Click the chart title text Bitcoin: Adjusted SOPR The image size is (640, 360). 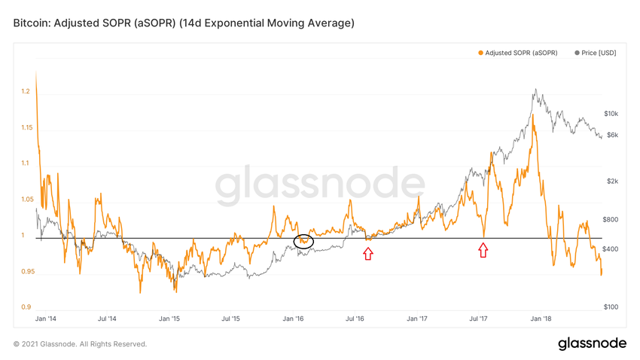point(184,23)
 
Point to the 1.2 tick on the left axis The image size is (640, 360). point(26,91)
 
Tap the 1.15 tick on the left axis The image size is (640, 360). point(26,127)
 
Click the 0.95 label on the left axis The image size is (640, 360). point(26,271)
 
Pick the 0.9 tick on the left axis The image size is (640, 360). point(26,307)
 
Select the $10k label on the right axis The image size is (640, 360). point(611,114)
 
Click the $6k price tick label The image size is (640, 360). point(611,135)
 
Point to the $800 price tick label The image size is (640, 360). point(611,219)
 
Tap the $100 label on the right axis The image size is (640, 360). point(611,307)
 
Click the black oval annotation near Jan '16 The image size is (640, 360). point(303,241)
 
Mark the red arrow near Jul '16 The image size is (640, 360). point(367,254)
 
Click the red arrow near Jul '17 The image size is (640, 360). point(483,250)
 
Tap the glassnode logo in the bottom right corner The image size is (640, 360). point(592,344)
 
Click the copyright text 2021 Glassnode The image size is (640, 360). point(80,344)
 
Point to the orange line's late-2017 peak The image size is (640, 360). point(533,115)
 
